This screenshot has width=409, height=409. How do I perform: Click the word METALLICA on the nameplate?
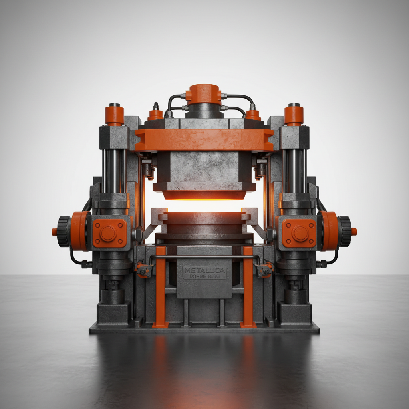click(204, 271)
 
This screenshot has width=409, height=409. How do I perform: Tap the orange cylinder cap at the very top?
click(204, 94)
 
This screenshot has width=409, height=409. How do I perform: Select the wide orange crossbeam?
click(204, 140)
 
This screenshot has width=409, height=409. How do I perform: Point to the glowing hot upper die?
click(204, 195)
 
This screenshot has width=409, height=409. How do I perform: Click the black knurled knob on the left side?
click(64, 231)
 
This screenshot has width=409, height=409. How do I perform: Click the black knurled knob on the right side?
click(345, 231)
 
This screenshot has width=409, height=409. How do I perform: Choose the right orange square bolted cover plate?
click(299, 233)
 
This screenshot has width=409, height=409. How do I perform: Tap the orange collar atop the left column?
click(114, 115)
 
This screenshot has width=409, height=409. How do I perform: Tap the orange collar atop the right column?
click(294, 115)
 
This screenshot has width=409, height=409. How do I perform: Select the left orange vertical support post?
click(161, 288)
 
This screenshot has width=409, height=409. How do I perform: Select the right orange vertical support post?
click(248, 288)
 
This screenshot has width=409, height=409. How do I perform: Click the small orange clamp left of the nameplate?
click(143, 270)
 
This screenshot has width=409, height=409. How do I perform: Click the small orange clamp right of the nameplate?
click(265, 270)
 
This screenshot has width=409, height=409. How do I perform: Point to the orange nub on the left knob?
click(54, 231)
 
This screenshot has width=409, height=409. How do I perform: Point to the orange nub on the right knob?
click(354, 231)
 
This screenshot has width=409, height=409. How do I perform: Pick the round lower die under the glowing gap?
click(204, 224)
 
